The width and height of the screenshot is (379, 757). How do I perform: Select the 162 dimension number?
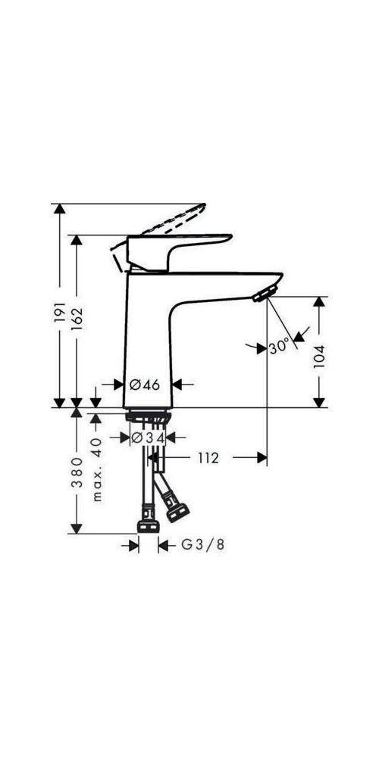(x=77, y=318)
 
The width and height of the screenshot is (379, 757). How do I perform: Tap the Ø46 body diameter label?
(x=145, y=385)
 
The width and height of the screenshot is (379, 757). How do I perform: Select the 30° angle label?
(x=279, y=347)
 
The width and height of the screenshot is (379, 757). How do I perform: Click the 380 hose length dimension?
(x=77, y=472)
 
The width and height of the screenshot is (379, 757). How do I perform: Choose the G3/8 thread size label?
(x=202, y=544)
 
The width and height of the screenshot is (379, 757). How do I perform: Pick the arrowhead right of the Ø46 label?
(x=179, y=385)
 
